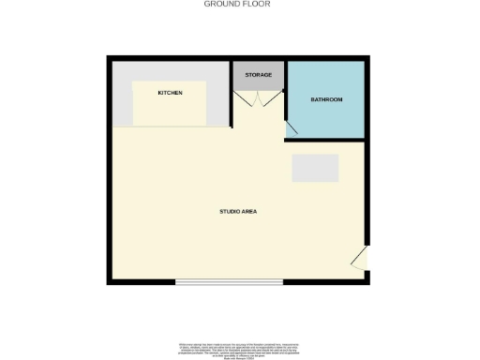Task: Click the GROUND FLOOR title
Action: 237,4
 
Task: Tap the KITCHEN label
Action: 170,93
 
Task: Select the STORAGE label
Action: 258,74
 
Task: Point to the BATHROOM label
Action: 326,99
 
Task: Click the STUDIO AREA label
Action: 238,212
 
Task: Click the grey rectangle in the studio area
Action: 315,168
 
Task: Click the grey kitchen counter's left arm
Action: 122,98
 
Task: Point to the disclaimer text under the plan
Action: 237,348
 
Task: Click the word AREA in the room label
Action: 249,212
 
